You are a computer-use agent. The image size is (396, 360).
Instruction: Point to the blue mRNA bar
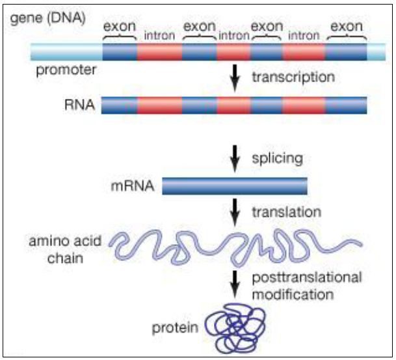234,186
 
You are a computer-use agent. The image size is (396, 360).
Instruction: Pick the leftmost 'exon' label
120,27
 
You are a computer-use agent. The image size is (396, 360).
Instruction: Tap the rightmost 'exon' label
347,27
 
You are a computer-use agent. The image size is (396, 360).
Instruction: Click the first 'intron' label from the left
159,36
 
